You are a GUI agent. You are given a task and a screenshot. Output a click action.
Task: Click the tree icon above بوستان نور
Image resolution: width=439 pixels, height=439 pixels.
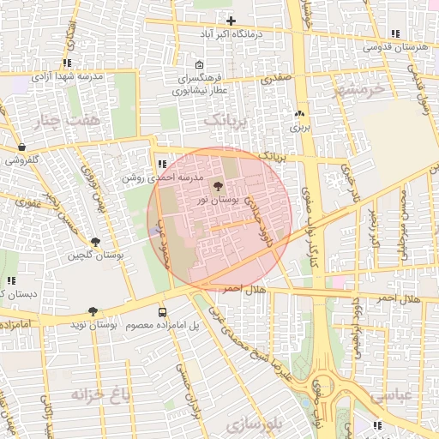pos(217,185)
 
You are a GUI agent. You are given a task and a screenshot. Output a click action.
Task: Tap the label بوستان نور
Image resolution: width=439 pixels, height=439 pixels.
pos(214,199)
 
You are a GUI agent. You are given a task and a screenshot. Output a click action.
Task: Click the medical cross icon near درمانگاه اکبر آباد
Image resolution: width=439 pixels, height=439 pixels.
pos(231,21)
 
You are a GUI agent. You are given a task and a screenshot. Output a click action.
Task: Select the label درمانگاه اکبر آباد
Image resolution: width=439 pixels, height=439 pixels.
pos(230,33)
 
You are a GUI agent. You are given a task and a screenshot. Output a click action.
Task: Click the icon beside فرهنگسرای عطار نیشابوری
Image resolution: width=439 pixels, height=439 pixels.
pos(199,64)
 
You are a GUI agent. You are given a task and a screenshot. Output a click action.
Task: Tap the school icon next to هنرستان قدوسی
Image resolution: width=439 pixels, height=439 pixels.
pos(394,34)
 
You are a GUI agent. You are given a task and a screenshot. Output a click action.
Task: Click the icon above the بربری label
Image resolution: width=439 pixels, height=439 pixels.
pos(299,114)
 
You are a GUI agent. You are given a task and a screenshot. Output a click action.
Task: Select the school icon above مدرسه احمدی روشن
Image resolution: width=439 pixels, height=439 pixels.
pos(162,163)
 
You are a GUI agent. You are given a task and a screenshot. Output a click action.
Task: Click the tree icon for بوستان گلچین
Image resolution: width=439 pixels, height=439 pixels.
pos(94,243)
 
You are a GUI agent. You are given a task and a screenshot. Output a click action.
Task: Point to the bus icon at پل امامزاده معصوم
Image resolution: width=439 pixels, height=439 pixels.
pos(162,312)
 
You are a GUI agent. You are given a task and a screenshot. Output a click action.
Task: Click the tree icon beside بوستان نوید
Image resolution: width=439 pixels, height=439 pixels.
pos(93,312)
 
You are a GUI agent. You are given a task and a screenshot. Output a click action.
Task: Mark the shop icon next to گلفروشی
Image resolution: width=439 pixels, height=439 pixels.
pos(21,147)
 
